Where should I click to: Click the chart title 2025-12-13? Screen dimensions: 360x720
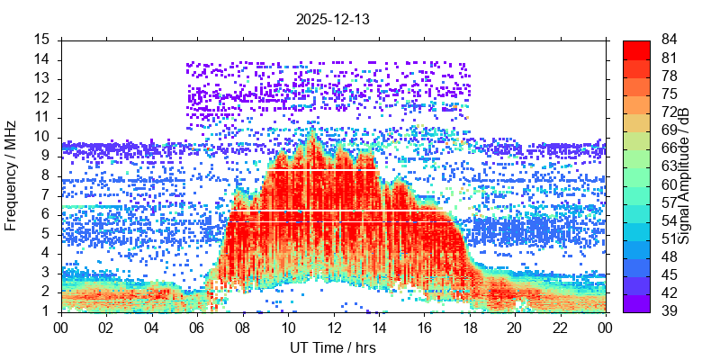pos(333,18)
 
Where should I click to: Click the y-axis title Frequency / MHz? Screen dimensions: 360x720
pos(12,175)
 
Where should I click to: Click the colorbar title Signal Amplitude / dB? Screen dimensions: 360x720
pos(684,175)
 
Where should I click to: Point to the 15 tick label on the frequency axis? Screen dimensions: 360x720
pos(42,40)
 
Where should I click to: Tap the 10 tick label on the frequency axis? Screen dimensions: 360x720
pos(42,137)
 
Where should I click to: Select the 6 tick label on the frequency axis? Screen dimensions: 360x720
pos(46,214)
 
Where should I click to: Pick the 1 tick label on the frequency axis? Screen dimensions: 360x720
pos(46,311)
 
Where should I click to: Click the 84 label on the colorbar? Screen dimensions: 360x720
pos(670,40)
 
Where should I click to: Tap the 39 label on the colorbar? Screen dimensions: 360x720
pos(670,311)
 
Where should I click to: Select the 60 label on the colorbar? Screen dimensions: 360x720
pos(670,184)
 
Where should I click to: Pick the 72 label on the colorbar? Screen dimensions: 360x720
pos(670,112)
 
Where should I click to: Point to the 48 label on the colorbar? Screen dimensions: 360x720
pos(670,257)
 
